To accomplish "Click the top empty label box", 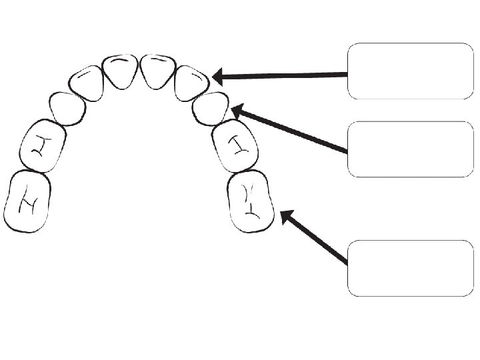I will pos(410,71).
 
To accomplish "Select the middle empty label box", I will pos(410,149).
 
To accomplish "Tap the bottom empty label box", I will pos(410,268).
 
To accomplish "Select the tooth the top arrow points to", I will pos(192,83).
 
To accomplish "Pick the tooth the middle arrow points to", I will pos(210,108).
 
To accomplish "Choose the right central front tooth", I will pos(158,71).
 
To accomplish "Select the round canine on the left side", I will pos(67,108).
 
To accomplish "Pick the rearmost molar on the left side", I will pos(27,201).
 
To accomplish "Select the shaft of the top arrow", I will pos(287,75).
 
